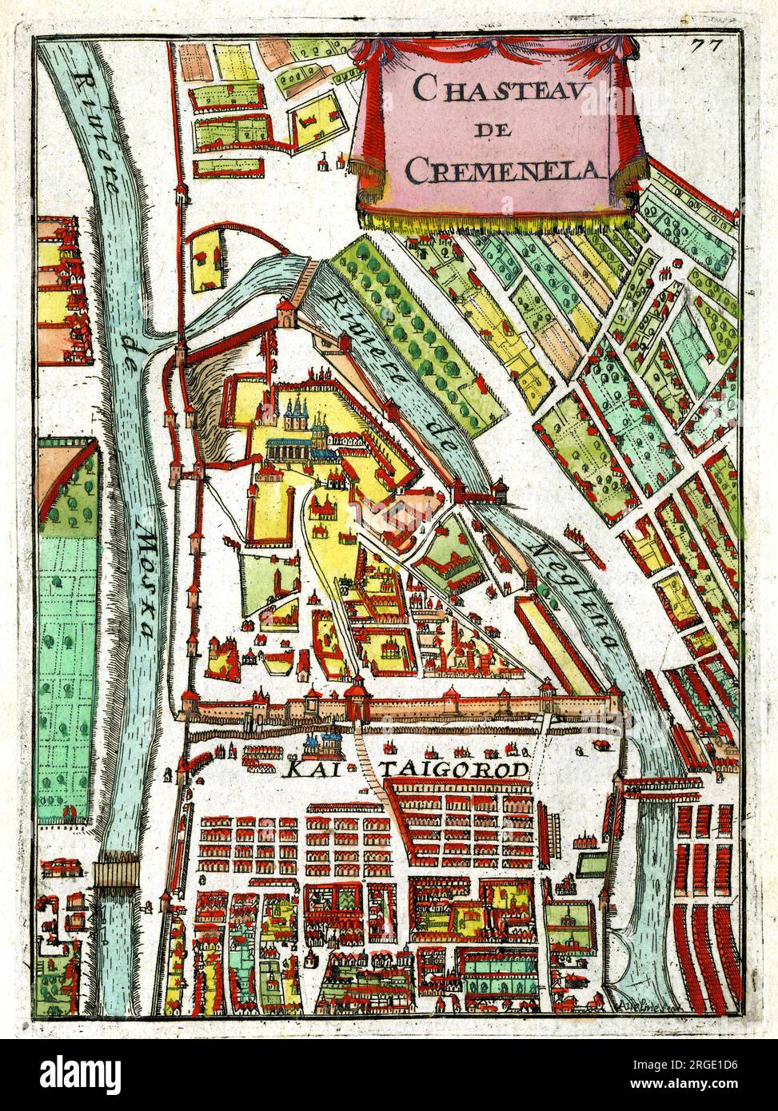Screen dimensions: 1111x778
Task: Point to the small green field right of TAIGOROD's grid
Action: point(592,864)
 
